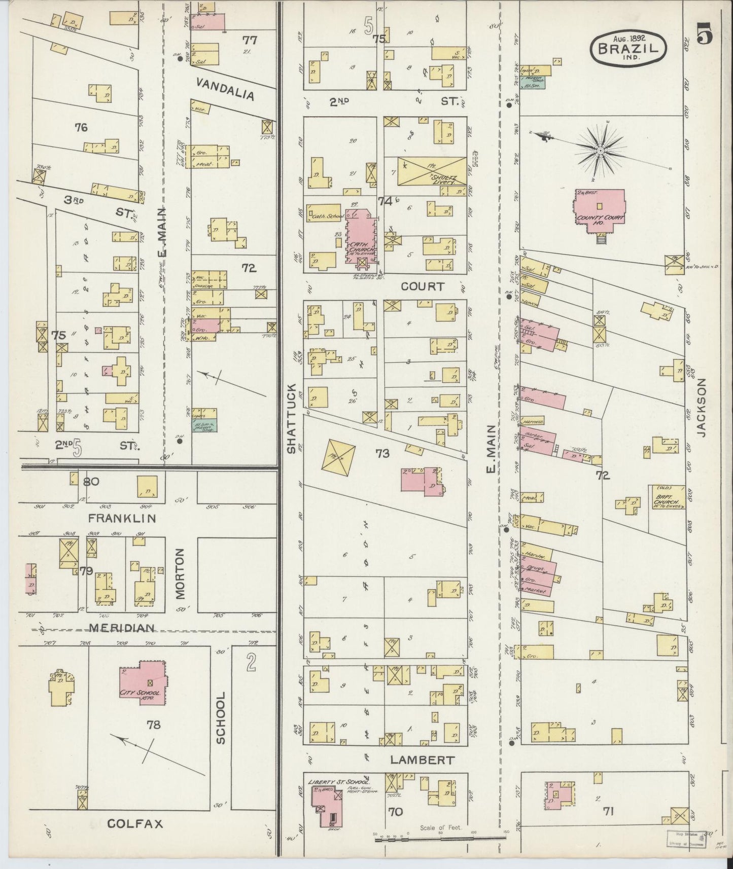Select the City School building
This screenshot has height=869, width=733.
(x=144, y=682)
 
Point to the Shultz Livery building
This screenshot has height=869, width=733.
(x=431, y=171)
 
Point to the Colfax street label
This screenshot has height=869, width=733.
(x=136, y=824)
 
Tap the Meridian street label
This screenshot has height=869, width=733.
(x=122, y=629)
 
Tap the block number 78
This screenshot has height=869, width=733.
(x=154, y=725)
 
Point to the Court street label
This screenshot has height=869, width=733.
(x=422, y=286)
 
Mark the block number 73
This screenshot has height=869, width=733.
(x=382, y=454)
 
